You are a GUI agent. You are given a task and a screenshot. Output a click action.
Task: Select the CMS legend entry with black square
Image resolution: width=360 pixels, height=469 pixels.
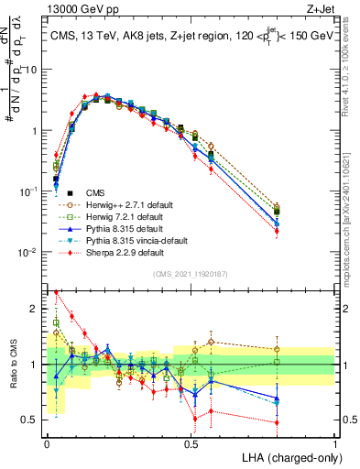point(97,192)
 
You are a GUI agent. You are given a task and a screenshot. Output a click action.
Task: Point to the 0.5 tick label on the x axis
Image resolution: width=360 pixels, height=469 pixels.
point(191,443)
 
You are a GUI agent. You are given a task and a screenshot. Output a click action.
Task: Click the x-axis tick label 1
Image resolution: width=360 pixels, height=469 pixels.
point(335,443)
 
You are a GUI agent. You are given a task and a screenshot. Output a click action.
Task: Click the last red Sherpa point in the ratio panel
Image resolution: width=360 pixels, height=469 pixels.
point(277,422)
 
